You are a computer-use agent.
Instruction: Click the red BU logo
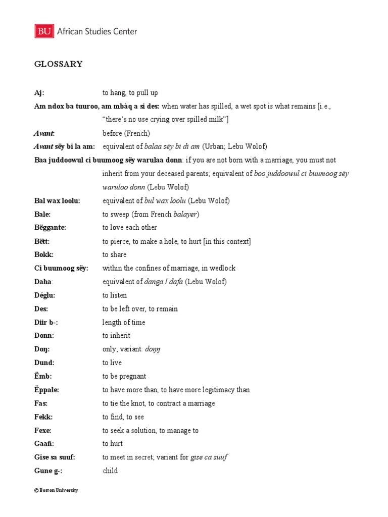(x=44, y=31)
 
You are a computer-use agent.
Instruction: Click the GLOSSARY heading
(x=58, y=64)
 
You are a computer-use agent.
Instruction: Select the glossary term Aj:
(x=39, y=93)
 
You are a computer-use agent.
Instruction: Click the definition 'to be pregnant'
(x=124, y=376)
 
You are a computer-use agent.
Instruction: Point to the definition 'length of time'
(x=124, y=322)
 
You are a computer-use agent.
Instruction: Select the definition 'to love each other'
(x=129, y=228)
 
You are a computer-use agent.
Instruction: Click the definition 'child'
(x=110, y=471)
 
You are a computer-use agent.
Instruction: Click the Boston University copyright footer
(x=56, y=490)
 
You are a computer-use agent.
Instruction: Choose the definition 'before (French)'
(x=126, y=133)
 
